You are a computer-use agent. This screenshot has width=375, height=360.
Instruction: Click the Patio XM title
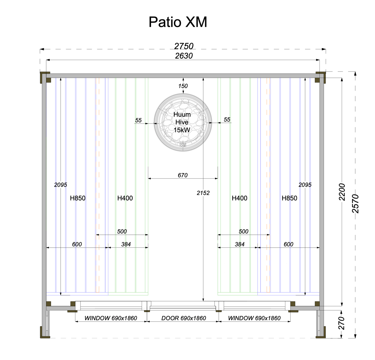[x=178, y=22]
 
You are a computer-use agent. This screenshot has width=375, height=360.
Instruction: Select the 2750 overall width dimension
[x=184, y=46]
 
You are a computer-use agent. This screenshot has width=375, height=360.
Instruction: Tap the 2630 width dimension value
[x=184, y=55]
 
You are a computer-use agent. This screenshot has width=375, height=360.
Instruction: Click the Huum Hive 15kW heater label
[x=182, y=122]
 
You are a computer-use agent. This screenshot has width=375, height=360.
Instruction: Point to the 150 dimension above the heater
[x=183, y=86]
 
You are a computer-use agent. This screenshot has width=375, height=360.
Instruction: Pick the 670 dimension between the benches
[x=183, y=175]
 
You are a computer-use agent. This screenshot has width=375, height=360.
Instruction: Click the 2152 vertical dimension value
[x=203, y=193]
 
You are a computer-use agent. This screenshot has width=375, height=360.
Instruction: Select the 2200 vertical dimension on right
[x=342, y=192]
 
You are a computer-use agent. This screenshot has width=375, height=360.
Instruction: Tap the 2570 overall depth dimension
[x=356, y=204]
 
